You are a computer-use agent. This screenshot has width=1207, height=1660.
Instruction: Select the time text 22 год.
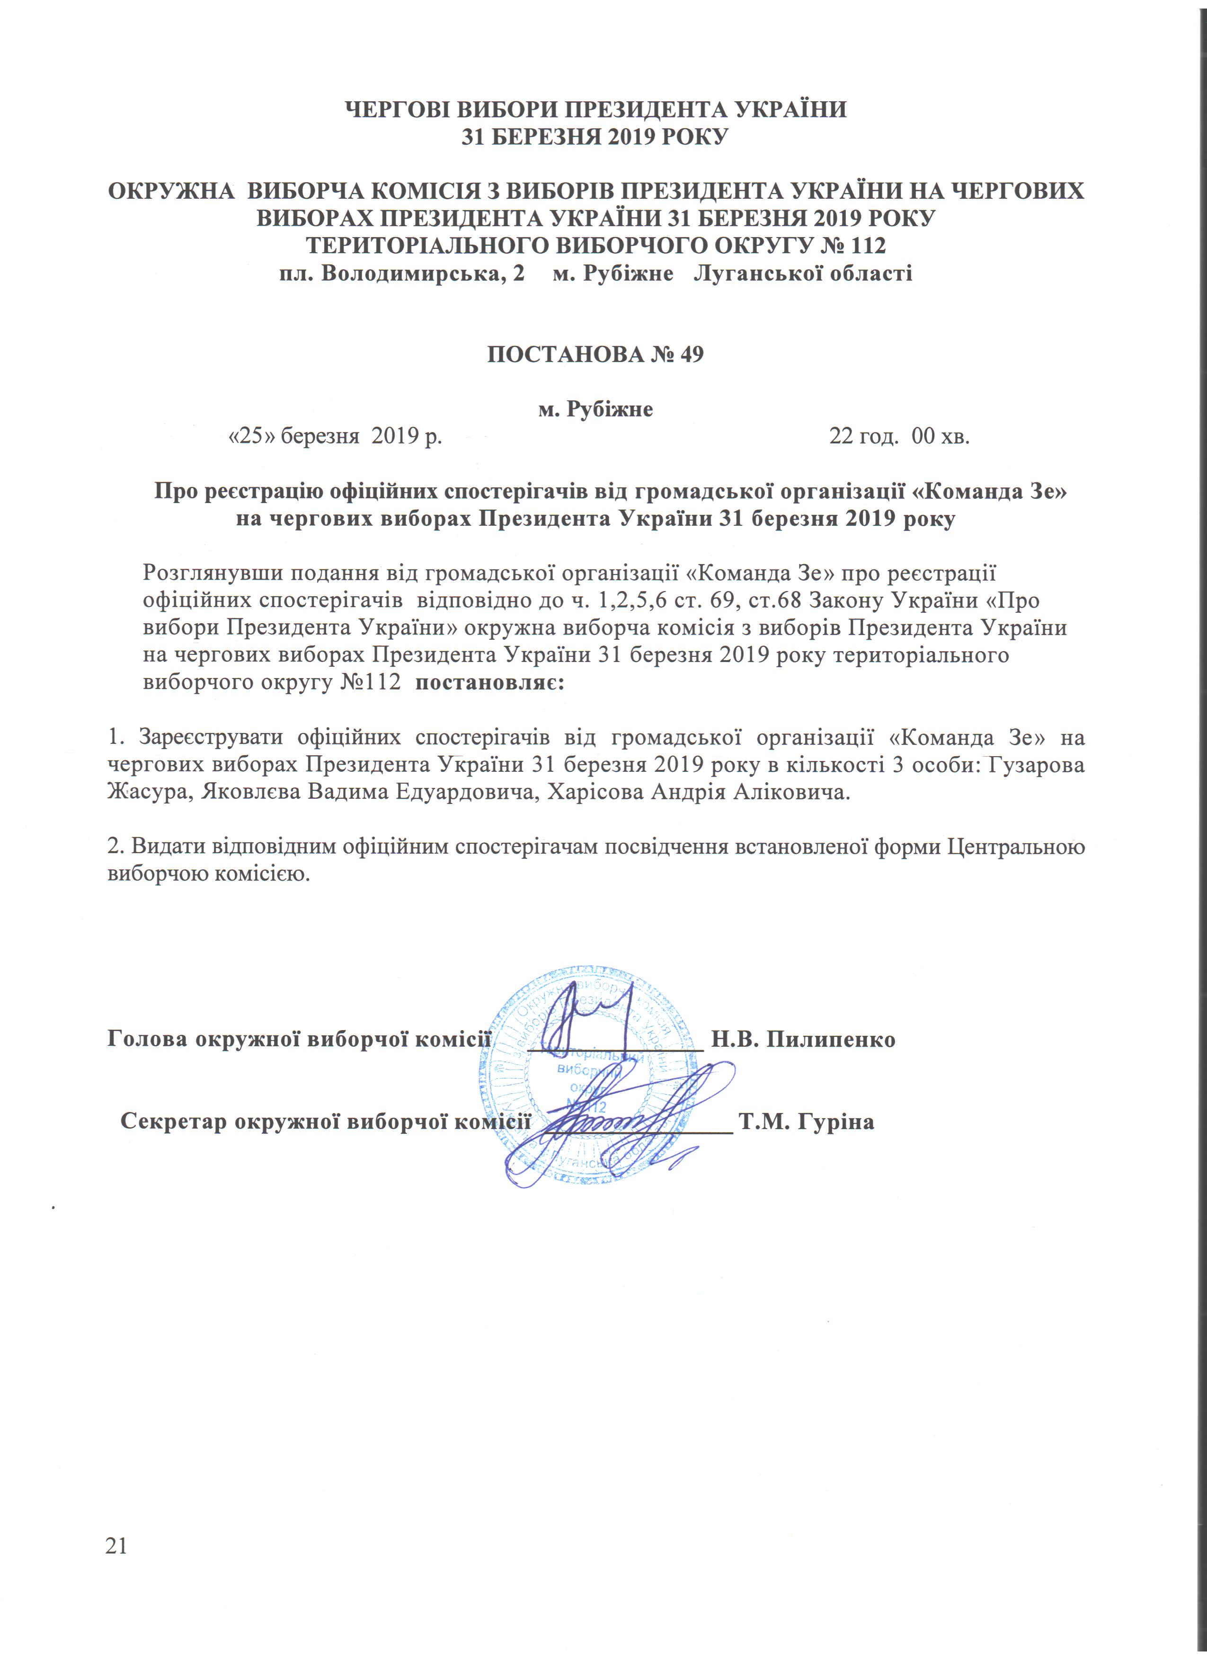point(864,438)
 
